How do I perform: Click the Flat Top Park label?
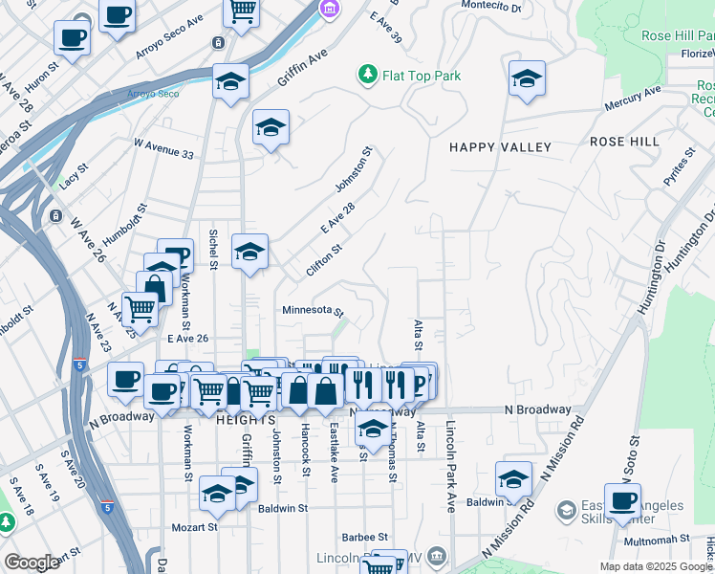422,76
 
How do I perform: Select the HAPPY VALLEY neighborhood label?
501,147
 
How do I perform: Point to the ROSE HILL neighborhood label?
624,142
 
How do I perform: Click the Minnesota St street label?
313,311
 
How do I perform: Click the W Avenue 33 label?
163,148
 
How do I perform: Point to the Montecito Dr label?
491,6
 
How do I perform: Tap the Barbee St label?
363,538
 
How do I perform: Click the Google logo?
32,563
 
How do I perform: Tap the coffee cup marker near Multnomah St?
622,500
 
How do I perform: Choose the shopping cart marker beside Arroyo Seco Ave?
242,12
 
